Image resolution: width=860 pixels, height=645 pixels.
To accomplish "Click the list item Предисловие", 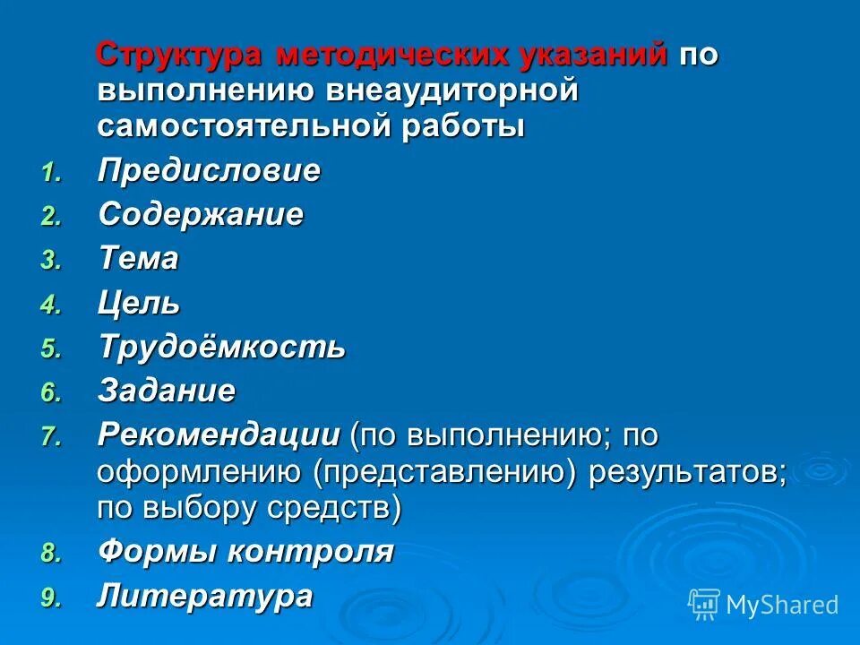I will coord(209,170).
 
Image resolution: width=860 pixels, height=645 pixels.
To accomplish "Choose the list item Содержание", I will coord(201,215).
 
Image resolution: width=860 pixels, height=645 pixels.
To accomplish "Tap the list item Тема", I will coord(138,260).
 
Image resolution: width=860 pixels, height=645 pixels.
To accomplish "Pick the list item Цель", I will coord(139,304).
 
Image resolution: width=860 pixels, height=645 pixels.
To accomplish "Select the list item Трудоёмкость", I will coord(221,348).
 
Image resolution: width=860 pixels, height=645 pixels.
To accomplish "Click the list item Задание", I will coord(167,391).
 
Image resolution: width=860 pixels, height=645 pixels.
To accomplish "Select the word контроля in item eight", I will coord(310,552).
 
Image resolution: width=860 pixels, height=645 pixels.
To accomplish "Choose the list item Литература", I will coord(205,596).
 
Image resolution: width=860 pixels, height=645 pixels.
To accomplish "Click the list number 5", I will coord(51,349).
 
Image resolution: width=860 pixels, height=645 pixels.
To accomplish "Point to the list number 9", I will coord(51,598).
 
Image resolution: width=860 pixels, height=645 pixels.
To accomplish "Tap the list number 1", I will coord(51,172).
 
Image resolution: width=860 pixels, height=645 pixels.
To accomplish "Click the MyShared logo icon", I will coord(703,604).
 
